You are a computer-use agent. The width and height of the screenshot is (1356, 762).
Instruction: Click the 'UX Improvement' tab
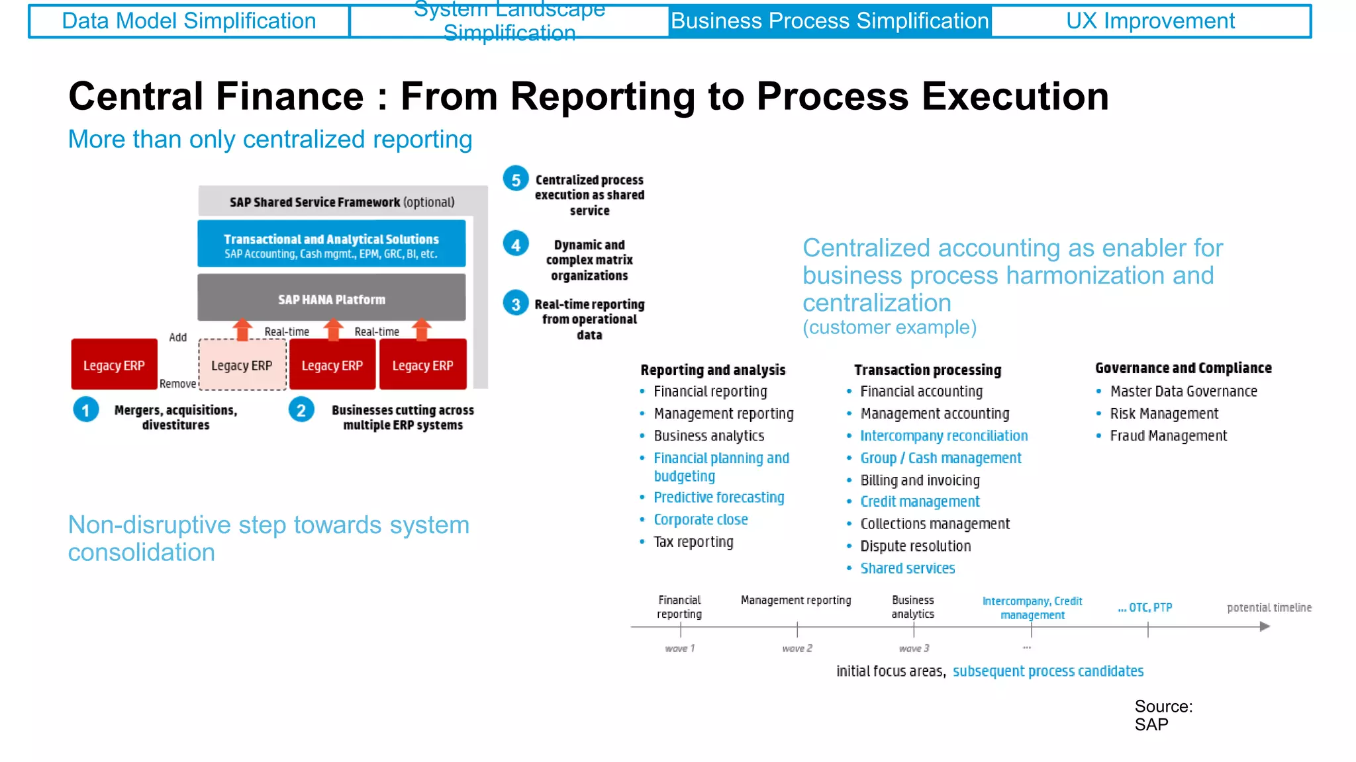1150,21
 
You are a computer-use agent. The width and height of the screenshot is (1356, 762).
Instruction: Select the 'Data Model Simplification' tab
189,21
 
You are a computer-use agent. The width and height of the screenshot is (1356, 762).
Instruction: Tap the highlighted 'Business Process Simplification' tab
830,21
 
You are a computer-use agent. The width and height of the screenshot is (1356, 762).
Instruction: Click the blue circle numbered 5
516,179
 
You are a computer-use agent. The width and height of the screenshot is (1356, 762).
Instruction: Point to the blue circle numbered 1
86,410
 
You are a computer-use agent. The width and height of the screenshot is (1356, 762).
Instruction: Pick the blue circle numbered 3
516,304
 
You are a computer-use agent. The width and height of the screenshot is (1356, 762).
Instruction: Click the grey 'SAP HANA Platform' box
331,299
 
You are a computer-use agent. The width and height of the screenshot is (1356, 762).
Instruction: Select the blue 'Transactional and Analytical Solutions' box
331,245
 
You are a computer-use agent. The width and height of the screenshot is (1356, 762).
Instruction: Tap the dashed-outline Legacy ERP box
242,365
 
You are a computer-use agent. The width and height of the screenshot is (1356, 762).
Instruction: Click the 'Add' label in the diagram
177,337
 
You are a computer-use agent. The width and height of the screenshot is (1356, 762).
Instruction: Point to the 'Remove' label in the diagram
177,384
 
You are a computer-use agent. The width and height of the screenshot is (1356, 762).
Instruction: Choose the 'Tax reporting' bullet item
693,542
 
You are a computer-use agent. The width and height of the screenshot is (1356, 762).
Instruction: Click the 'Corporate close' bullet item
701,520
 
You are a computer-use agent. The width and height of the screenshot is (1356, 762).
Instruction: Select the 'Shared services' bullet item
907,568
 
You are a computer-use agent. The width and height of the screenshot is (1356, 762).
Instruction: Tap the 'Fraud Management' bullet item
1168,436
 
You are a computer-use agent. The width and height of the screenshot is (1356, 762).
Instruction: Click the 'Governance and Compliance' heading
1183,368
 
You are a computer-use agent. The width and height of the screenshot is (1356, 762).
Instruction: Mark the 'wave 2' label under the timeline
797,649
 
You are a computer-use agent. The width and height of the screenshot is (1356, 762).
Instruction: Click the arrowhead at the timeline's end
1265,626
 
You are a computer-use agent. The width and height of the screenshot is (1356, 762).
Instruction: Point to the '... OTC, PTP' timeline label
1145,608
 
